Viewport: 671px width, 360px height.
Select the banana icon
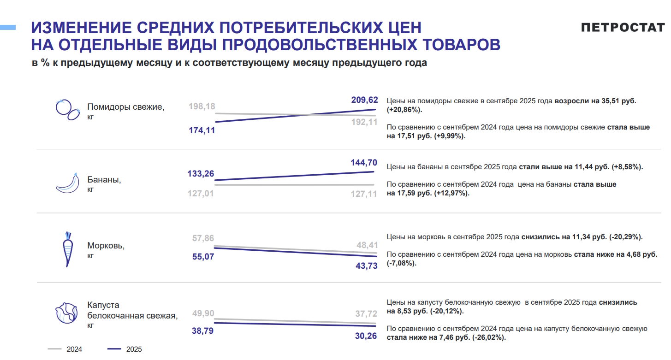[x=67, y=183]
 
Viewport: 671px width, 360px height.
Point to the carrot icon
[x=68, y=249]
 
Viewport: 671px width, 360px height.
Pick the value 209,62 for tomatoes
[x=364, y=100]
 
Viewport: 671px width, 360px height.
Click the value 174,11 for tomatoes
[x=202, y=130]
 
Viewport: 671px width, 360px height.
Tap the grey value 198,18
[x=202, y=106]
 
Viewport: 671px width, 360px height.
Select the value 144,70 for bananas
[x=364, y=162]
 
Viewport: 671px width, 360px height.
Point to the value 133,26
[x=201, y=174]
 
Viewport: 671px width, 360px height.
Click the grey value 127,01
[x=201, y=194]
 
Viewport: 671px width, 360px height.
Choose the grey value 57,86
[x=203, y=238]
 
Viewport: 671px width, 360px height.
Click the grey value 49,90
[x=203, y=313]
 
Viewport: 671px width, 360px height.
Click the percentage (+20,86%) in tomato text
[x=404, y=110]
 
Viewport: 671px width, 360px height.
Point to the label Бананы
[x=104, y=180]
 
